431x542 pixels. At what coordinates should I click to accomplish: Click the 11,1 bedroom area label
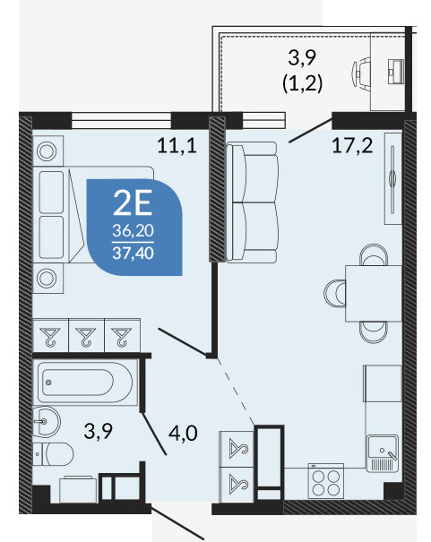[x=177, y=145]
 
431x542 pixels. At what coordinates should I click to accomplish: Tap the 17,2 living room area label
[x=352, y=145]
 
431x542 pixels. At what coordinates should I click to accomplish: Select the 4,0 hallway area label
[x=183, y=433]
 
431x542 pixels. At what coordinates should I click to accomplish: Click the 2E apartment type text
[x=134, y=203]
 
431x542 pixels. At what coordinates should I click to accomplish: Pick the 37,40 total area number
[x=134, y=254]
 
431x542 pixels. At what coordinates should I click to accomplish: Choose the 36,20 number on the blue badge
[x=134, y=230]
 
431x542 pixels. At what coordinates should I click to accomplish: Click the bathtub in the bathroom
[x=85, y=383]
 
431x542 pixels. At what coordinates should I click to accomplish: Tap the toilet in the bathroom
[x=53, y=454]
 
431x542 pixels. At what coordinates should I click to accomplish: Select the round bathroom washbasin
[x=47, y=422]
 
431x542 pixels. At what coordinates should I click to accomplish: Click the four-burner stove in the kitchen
[x=326, y=481]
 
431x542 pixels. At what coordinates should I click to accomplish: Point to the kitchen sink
[x=383, y=452]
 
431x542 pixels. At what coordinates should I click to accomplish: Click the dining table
[x=374, y=293]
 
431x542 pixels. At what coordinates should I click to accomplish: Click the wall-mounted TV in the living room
[x=392, y=179]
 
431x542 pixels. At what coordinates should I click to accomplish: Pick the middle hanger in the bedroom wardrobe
[x=86, y=337]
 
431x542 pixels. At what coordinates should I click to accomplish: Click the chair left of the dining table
[x=334, y=293]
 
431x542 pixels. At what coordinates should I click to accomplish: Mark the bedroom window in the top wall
[x=121, y=121]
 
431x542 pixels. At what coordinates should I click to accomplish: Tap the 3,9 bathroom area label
[x=99, y=431]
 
